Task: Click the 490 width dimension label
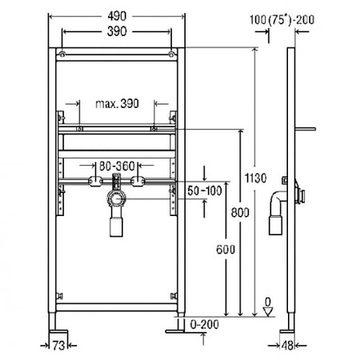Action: coord(117,16)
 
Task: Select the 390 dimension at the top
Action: coord(117,31)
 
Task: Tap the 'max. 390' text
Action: coord(117,103)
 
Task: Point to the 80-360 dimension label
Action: coord(117,166)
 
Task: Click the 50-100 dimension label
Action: coord(205,190)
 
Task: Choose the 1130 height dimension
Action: coord(255,178)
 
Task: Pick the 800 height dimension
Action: coord(240,213)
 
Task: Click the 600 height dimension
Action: coord(226,250)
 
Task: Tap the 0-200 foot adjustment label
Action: coord(205,325)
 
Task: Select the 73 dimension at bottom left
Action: coord(58,346)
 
